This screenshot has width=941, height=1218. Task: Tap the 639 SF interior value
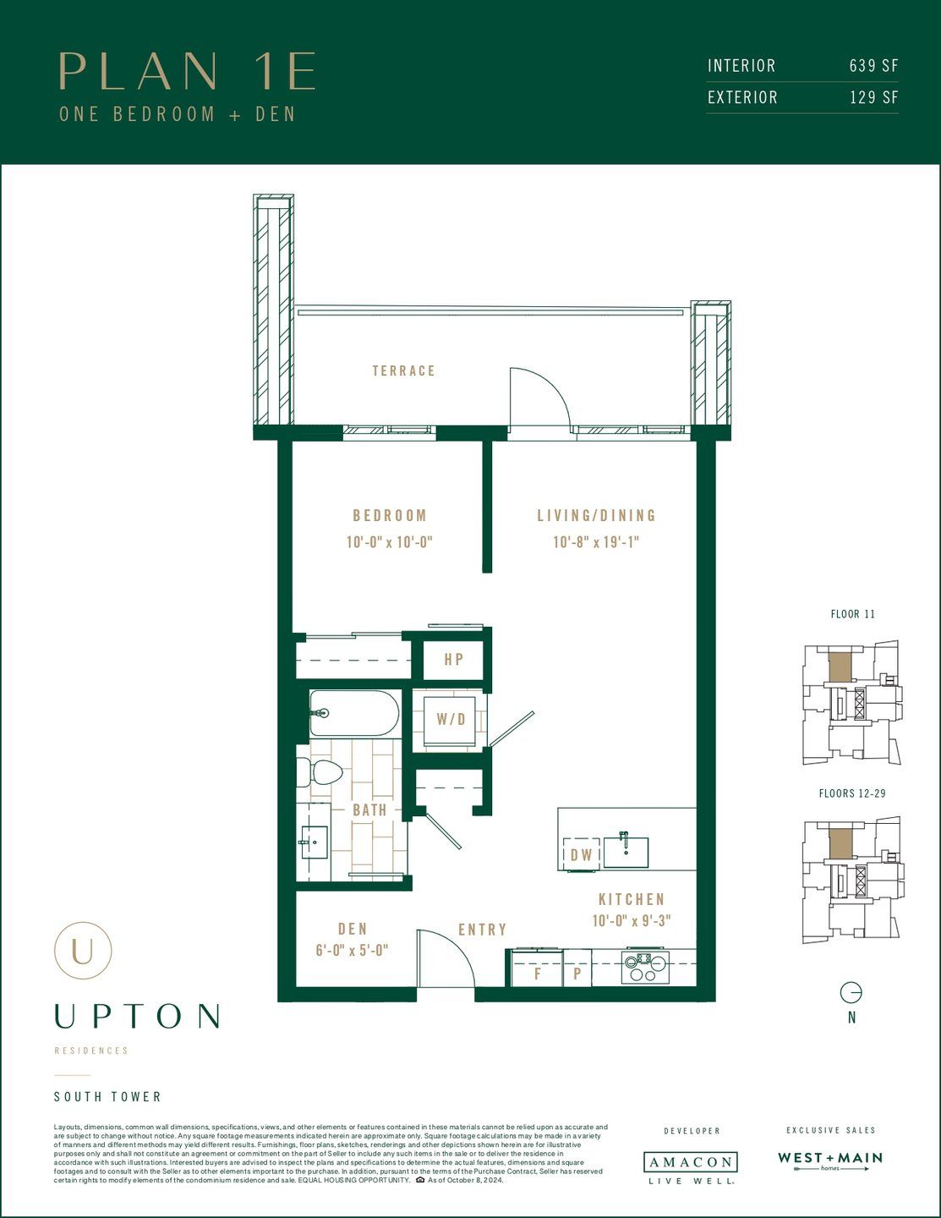pyautogui.click(x=873, y=66)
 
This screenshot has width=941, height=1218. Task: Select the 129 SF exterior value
pyautogui.click(x=873, y=97)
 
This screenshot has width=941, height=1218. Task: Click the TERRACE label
pyautogui.click(x=404, y=370)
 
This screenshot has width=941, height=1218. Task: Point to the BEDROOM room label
pyautogui.click(x=390, y=515)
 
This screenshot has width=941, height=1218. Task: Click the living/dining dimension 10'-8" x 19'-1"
pyautogui.click(x=596, y=542)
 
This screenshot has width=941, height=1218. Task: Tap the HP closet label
pyautogui.click(x=454, y=659)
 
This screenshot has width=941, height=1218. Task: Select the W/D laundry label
pyautogui.click(x=451, y=720)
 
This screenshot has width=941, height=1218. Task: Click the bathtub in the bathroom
pyautogui.click(x=353, y=713)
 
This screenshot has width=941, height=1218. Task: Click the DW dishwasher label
pyautogui.click(x=582, y=854)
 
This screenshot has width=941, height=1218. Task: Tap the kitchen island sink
pyautogui.click(x=626, y=851)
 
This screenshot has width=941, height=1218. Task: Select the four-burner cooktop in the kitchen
pyautogui.click(x=645, y=967)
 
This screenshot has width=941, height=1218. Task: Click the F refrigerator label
pyautogui.click(x=537, y=974)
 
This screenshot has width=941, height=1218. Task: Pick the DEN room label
pyautogui.click(x=353, y=929)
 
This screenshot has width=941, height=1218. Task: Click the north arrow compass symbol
pyautogui.click(x=851, y=992)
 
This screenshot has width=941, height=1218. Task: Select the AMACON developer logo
pyautogui.click(x=690, y=1162)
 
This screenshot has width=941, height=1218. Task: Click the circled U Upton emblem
pyautogui.click(x=83, y=951)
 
